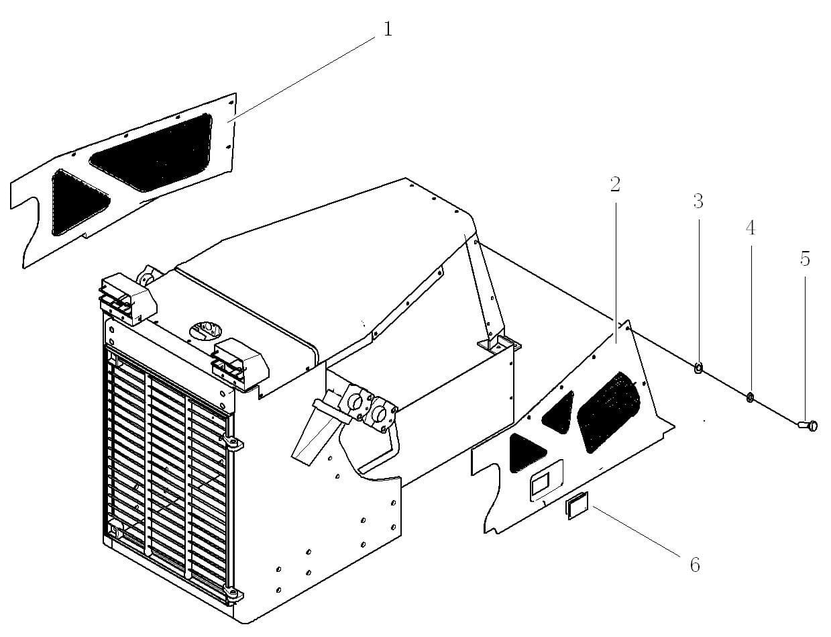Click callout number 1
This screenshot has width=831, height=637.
click(388, 29)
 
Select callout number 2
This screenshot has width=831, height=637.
click(615, 185)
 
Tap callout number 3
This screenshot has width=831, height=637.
click(698, 201)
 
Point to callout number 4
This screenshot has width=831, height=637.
click(751, 228)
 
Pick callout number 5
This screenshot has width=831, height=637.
click(805, 259)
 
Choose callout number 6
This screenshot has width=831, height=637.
click(695, 565)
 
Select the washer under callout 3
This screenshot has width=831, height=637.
click(698, 367)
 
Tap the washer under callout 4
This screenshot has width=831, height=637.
click(750, 397)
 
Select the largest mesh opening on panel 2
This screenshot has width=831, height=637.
click(608, 411)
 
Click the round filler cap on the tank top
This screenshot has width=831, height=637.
click(207, 330)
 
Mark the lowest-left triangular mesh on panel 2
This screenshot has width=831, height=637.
click(526, 452)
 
